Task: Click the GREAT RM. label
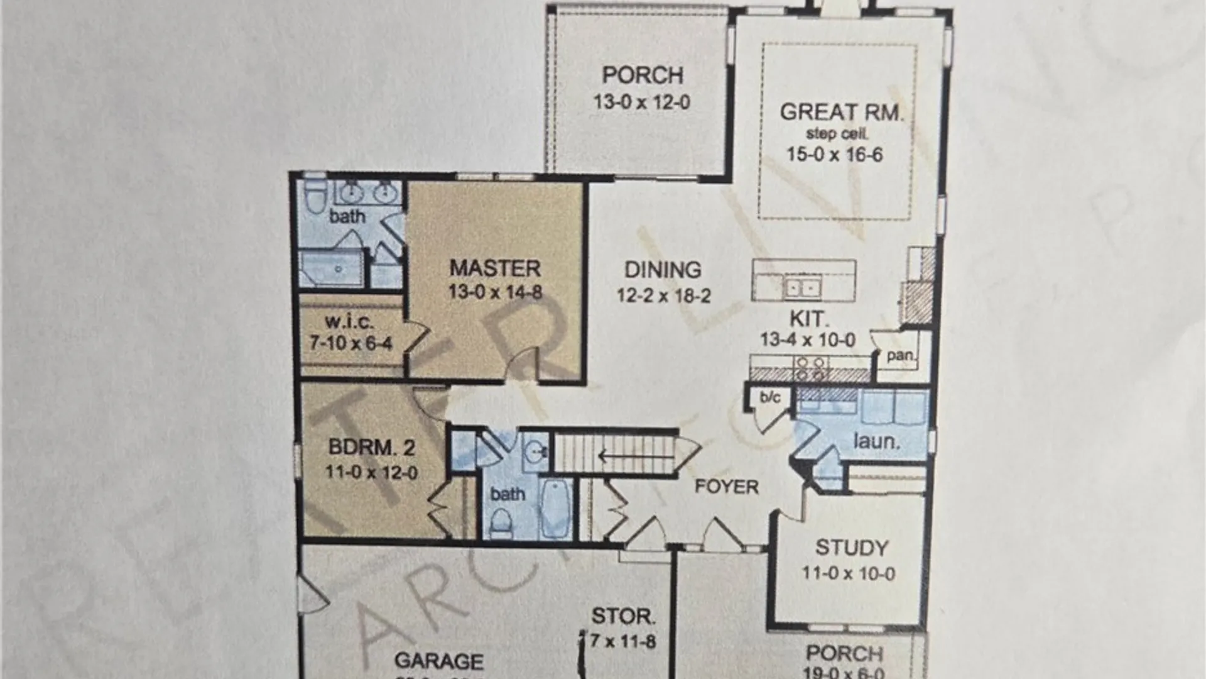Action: (841, 112)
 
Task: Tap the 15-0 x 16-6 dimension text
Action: (835, 155)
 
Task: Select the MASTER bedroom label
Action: (495, 268)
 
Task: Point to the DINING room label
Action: (663, 270)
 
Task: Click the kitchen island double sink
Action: (803, 289)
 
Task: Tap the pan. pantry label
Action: (900, 355)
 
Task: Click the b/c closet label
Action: (770, 397)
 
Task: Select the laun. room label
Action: (876, 441)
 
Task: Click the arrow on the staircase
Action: (606, 455)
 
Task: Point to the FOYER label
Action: (726, 487)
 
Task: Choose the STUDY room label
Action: (852, 548)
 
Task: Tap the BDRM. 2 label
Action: (371, 448)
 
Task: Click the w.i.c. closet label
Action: (349, 322)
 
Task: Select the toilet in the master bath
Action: (315, 197)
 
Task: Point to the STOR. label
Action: (623, 616)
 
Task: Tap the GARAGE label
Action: (439, 661)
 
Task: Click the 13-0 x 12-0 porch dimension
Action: (642, 102)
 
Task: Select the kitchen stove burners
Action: (810, 368)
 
